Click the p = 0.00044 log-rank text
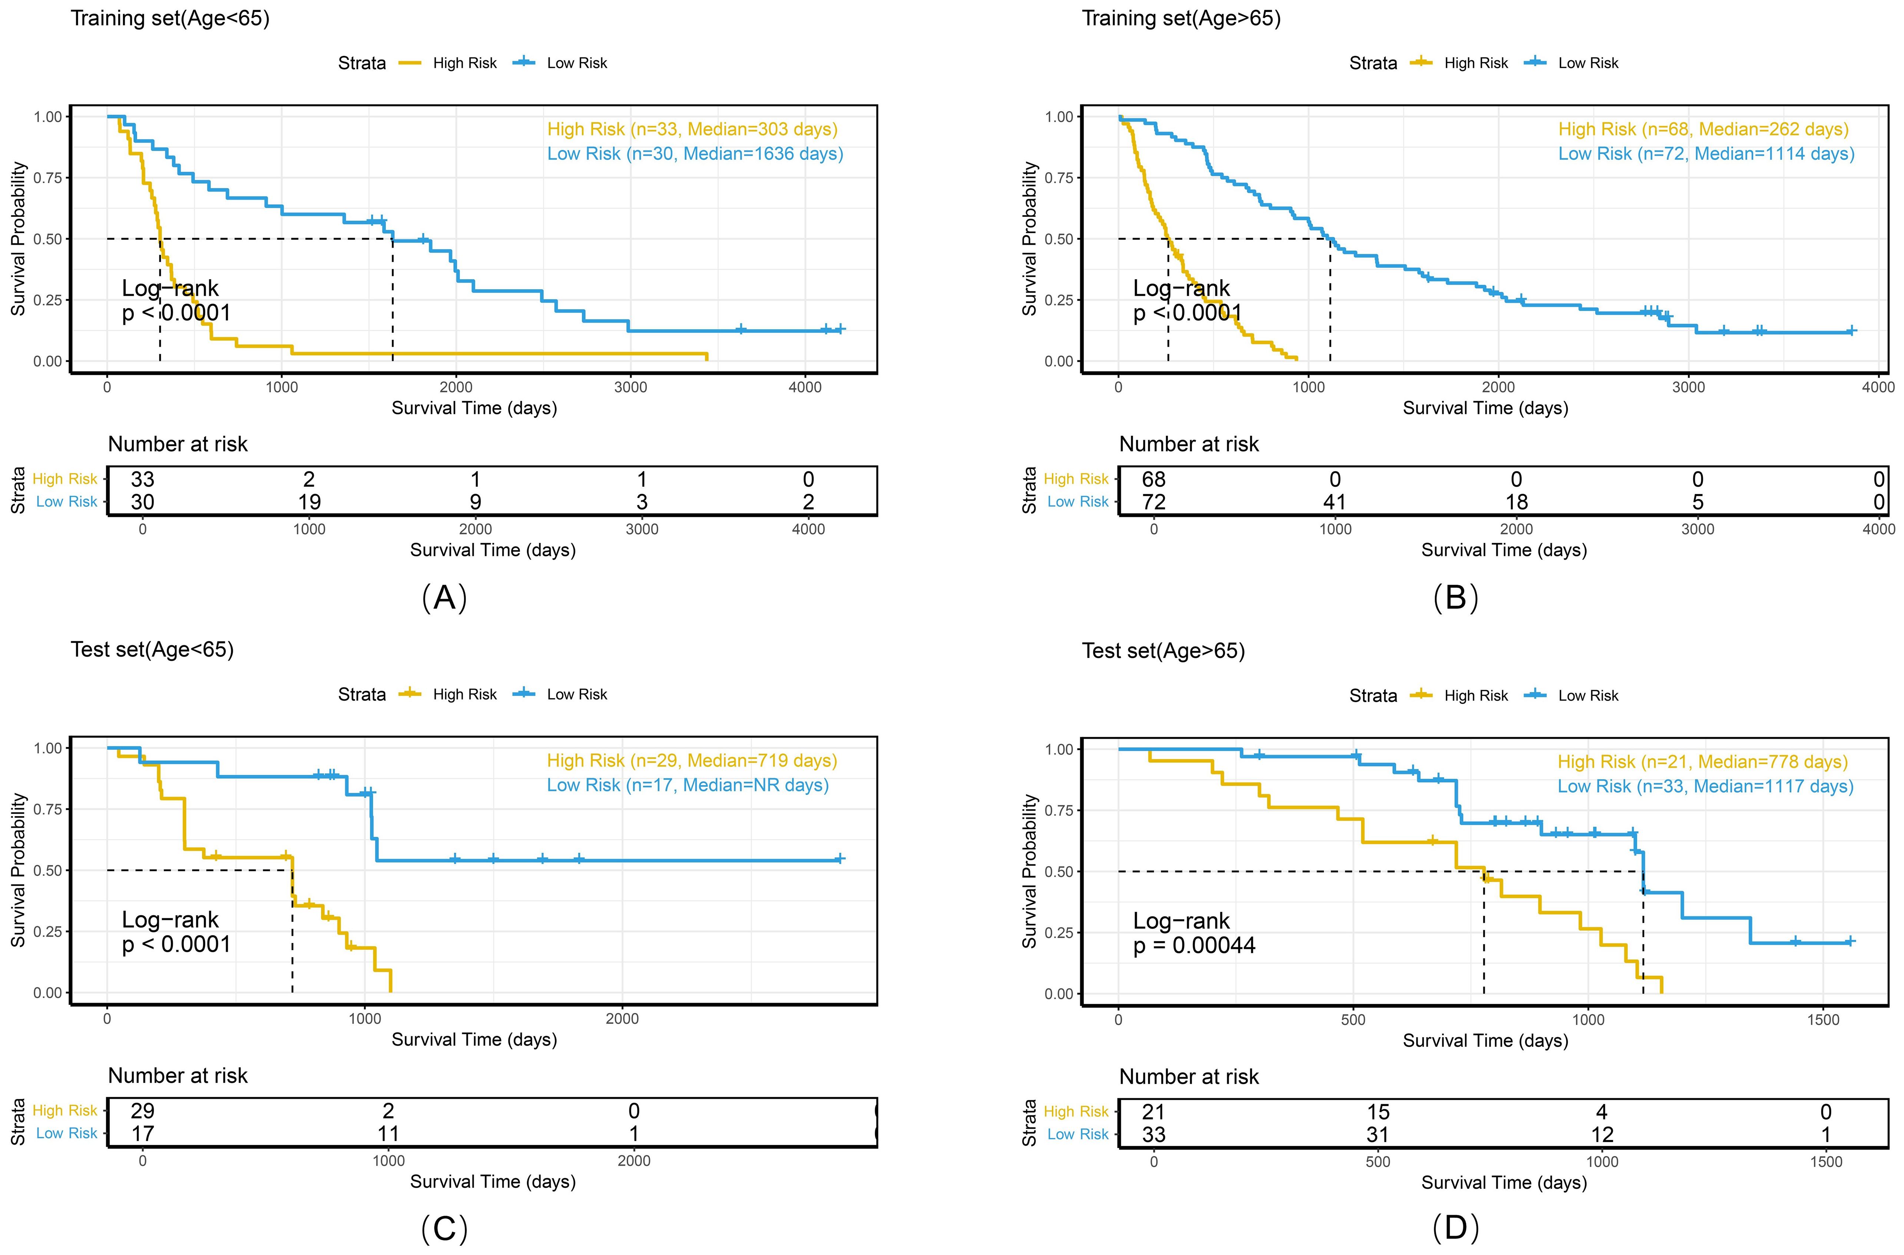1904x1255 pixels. [1194, 945]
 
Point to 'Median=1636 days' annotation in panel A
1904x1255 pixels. [765, 154]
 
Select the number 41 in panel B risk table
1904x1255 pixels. [1334, 502]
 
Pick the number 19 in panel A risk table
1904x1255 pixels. [309, 502]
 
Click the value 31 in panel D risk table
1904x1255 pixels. [1377, 1134]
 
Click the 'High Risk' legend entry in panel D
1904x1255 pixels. [1475, 696]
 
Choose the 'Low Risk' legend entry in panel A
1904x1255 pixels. [576, 63]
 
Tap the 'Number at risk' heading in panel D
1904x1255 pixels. [1189, 1077]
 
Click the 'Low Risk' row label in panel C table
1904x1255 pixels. [66, 1133]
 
